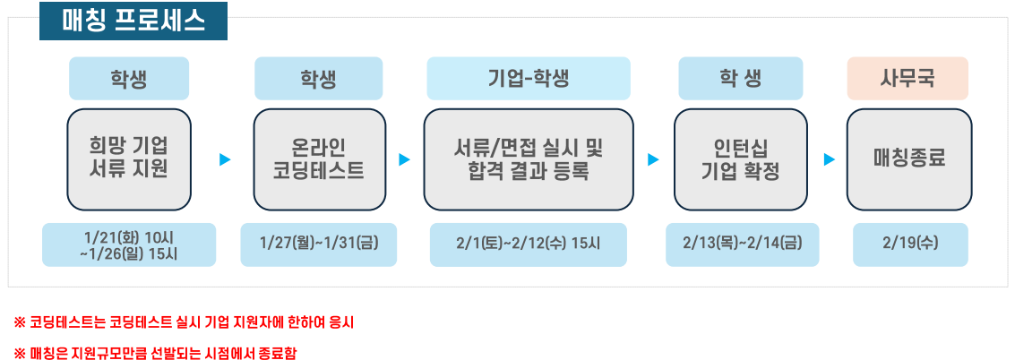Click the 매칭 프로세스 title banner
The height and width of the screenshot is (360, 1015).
pos(133,21)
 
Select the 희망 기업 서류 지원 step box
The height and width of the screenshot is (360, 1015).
pos(129,159)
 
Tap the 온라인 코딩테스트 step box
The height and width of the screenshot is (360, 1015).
pos(319,159)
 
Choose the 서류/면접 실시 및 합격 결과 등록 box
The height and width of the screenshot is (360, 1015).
pos(529,159)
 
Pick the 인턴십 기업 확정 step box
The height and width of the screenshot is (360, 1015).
pos(741,159)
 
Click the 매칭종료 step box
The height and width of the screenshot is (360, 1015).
pos(908,159)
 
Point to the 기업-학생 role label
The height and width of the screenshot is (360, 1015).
pos(529,78)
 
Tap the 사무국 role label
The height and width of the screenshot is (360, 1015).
pos(907,78)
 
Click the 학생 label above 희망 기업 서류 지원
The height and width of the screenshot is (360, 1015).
pos(129,78)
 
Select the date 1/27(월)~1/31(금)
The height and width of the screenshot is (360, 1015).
pos(319,244)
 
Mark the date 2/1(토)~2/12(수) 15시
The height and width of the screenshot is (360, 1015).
pos(529,244)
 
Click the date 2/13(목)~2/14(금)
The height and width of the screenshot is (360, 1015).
pos(743,244)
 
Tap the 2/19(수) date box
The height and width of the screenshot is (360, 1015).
pos(910,244)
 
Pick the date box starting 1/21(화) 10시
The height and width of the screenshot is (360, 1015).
pos(129,244)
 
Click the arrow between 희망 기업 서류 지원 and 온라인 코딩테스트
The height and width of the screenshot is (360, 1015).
pos(225,159)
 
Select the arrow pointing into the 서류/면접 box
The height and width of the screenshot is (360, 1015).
pos(405,159)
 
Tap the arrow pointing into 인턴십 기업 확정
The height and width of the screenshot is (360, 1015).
pos(654,159)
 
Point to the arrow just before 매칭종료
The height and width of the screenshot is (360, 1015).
pos(830,159)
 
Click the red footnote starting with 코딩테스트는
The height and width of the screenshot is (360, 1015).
pos(184,322)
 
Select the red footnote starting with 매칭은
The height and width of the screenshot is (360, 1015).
pos(155,353)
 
